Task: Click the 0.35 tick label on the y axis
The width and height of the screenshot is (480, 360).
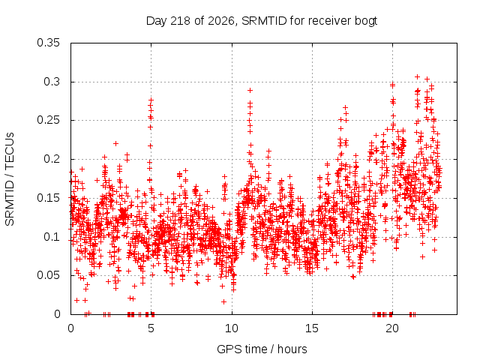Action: (x=48, y=43)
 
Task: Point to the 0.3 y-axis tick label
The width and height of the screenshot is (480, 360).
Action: (x=52, y=82)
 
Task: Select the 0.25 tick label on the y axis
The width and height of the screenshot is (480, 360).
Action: (x=48, y=120)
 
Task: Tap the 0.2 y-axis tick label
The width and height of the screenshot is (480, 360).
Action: (x=52, y=159)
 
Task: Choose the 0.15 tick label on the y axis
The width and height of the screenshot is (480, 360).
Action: (x=48, y=198)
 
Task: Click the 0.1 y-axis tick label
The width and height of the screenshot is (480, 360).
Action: (x=52, y=237)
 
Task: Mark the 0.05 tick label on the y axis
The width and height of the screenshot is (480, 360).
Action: (x=48, y=275)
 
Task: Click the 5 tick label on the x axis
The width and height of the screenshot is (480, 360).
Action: (x=151, y=328)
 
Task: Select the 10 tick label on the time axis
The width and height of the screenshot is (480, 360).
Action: (x=232, y=328)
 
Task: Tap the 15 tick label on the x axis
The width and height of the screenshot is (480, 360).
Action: (x=312, y=328)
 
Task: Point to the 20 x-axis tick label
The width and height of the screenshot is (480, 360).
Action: (x=393, y=328)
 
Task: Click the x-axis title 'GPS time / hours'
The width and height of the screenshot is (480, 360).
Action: (x=262, y=349)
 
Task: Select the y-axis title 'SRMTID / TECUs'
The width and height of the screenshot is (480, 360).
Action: (x=10, y=179)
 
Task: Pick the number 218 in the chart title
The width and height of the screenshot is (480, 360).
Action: (x=181, y=21)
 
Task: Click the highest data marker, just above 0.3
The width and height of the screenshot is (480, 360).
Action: (x=417, y=76)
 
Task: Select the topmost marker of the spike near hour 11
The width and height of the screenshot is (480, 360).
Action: (x=250, y=90)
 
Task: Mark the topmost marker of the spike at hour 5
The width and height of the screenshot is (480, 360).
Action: (x=151, y=100)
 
